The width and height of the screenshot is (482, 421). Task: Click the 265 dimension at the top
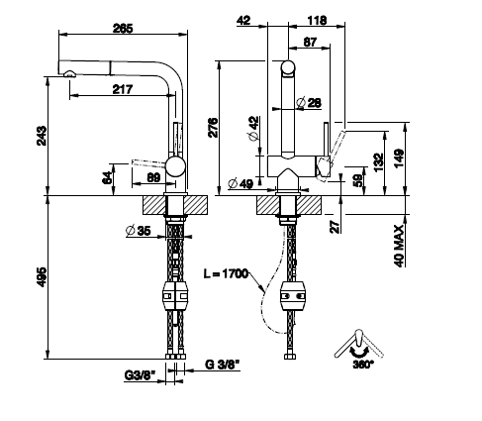click(123, 29)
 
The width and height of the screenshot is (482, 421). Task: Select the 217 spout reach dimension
click(123, 89)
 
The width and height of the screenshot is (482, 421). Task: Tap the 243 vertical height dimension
click(42, 136)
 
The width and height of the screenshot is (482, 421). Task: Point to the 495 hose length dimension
click(42, 277)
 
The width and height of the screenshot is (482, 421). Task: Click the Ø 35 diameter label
click(139, 231)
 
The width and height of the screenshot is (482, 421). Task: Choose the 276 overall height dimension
click(213, 128)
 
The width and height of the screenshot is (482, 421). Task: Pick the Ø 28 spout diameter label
click(309, 103)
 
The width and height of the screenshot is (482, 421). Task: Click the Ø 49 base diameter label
click(241, 183)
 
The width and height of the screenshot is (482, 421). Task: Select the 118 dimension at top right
click(317, 21)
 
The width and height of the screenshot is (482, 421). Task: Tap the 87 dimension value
click(310, 42)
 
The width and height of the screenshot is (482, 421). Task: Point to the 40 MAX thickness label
click(399, 246)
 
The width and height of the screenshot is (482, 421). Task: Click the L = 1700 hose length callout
click(226, 273)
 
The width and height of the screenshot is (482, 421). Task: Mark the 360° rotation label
click(363, 365)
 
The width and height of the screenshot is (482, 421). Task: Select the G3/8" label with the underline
click(140, 375)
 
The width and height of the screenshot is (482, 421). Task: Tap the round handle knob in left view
click(175, 166)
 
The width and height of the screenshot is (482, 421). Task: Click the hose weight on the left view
click(175, 296)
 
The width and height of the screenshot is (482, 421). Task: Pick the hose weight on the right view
click(292, 296)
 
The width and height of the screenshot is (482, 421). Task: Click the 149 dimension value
click(399, 158)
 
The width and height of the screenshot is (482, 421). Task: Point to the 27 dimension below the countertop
click(335, 227)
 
